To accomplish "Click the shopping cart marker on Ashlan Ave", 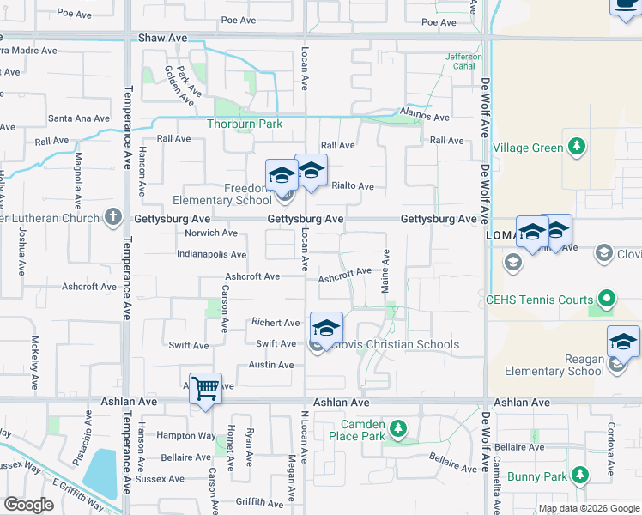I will (x=206, y=389).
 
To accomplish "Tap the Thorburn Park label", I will (x=245, y=124).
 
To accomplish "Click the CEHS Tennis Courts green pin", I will (x=608, y=300).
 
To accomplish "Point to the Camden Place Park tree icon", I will (x=397, y=427).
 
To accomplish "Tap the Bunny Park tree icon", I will (x=580, y=475).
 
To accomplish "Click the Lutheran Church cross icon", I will (x=112, y=218).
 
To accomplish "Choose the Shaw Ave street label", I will (x=162, y=39).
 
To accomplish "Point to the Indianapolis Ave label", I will (x=211, y=255).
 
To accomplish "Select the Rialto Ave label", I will (x=353, y=186).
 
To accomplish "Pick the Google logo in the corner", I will (x=28, y=504).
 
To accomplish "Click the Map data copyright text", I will (x=589, y=509).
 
